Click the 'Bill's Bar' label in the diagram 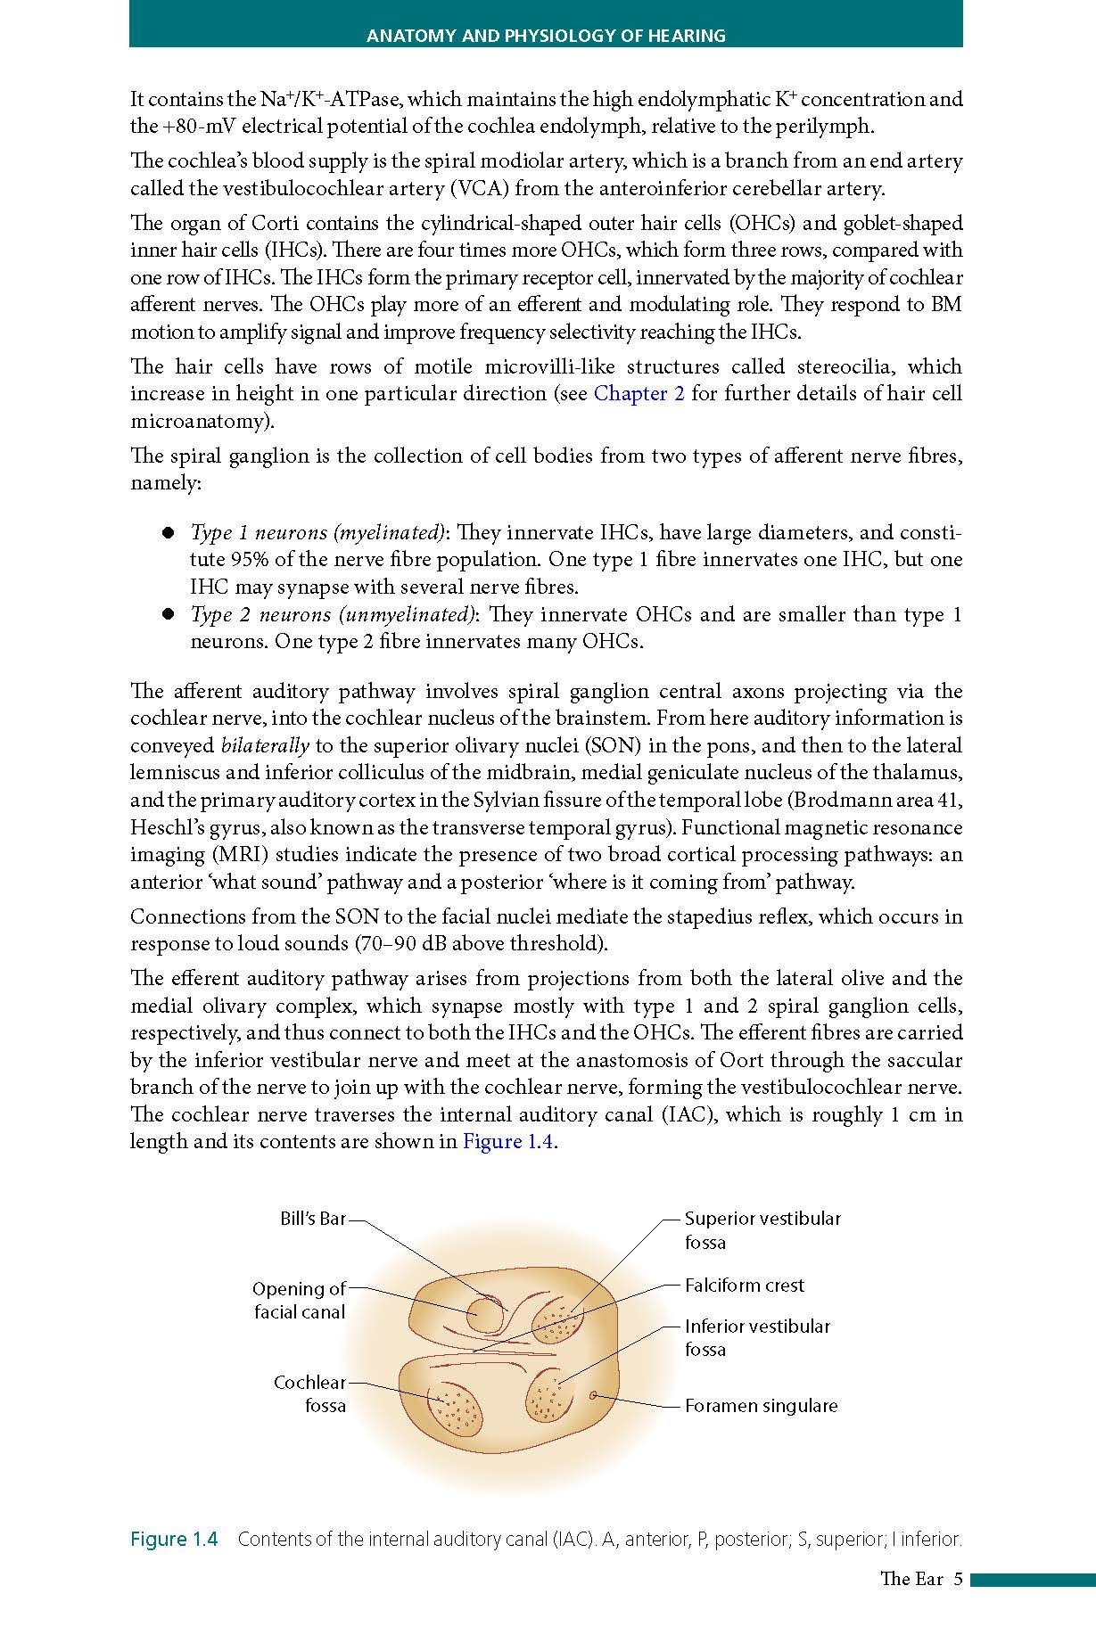click(312, 1219)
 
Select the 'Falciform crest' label click(744, 1286)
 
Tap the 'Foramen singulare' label click(761, 1406)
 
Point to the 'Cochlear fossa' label click(309, 1394)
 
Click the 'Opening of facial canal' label click(299, 1301)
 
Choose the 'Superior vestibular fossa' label click(762, 1230)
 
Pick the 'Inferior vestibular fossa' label click(756, 1337)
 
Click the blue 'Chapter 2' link click(639, 394)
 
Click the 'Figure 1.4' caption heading click(174, 1540)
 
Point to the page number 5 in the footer click(958, 1579)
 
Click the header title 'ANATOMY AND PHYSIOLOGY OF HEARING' click(546, 37)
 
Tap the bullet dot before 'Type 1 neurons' click(167, 533)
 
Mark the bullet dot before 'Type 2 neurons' click(167, 615)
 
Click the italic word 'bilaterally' click(265, 746)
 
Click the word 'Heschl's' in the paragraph click(162, 827)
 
